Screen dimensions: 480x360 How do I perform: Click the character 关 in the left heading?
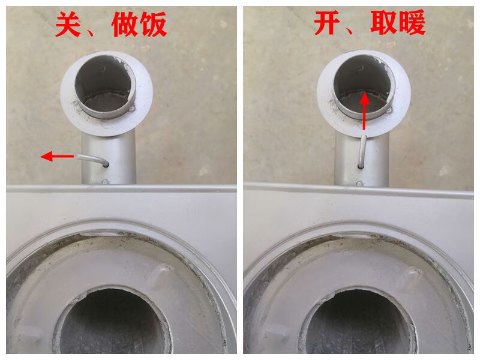pyautogui.click(x=68, y=25)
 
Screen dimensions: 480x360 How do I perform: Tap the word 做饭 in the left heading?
pyautogui.click(x=139, y=25)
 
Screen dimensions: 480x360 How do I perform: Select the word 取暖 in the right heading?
pyautogui.click(x=398, y=22)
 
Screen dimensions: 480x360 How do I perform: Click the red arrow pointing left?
pyautogui.click(x=57, y=157)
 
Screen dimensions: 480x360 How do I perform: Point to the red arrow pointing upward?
pyautogui.click(x=364, y=112)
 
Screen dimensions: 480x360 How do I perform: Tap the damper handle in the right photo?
pyautogui.click(x=362, y=152)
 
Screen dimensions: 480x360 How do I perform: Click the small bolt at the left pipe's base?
pyautogui.click(x=105, y=182)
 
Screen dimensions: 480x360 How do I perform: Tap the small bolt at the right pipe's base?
pyautogui.click(x=359, y=184)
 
